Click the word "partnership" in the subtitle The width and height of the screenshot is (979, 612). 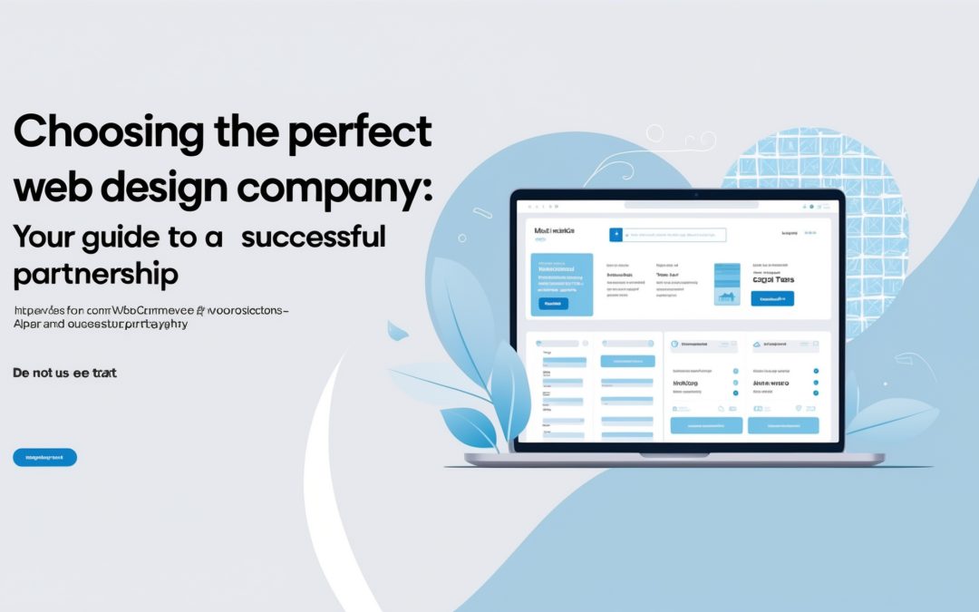(95, 274)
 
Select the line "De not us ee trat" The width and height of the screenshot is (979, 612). (64, 373)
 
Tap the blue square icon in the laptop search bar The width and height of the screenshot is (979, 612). (617, 235)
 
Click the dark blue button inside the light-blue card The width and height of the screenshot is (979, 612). (553, 304)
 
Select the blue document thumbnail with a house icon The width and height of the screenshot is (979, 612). (727, 284)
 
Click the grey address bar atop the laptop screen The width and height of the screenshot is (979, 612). (676, 206)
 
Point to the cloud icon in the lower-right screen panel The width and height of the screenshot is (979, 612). (756, 345)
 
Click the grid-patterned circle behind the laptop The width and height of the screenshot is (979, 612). (816, 181)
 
